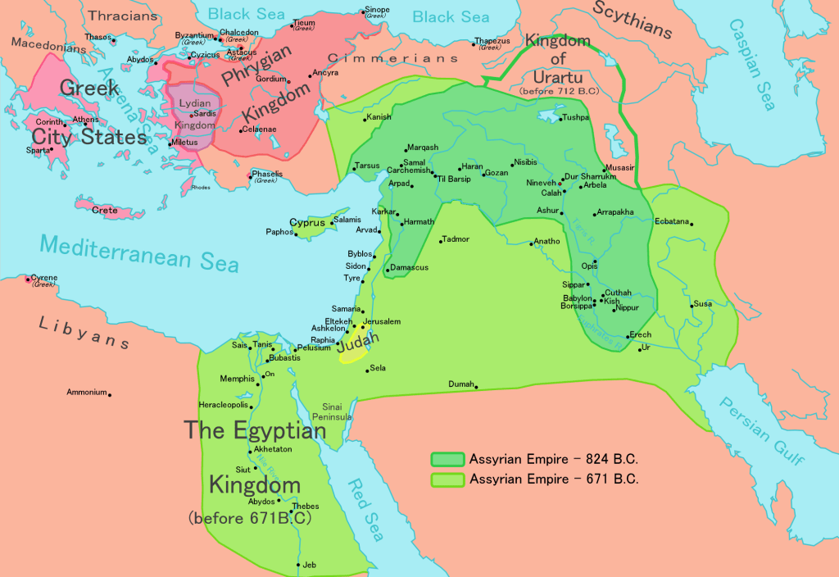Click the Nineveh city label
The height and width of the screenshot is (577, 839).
click(540, 183)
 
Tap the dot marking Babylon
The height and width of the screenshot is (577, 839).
click(596, 299)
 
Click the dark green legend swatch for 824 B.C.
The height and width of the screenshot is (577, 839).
click(447, 459)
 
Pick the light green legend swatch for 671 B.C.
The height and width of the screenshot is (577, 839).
click(447, 479)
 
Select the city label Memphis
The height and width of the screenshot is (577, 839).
click(238, 379)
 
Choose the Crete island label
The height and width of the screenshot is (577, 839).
click(104, 211)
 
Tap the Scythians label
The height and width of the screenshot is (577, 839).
click(632, 20)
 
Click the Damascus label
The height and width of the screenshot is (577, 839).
click(409, 268)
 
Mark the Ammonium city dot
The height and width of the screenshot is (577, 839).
click(110, 394)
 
